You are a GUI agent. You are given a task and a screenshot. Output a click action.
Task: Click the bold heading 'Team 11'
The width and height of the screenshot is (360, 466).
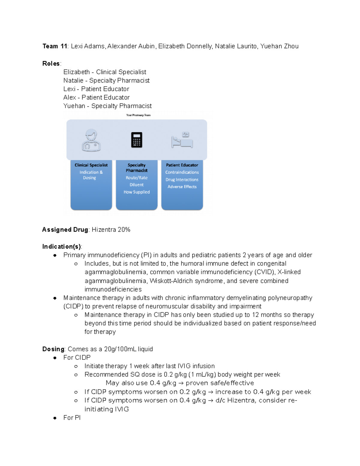point(55,46)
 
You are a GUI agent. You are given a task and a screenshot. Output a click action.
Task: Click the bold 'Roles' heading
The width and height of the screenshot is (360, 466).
point(51,64)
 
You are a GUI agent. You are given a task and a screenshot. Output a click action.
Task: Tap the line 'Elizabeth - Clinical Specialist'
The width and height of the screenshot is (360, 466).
point(105,72)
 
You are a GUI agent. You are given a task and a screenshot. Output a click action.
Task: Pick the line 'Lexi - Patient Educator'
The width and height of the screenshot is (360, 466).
point(96,89)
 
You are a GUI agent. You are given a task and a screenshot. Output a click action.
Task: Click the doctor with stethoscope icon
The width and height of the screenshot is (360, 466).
point(91,140)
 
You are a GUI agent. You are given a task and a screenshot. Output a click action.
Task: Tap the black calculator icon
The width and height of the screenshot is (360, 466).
point(136,140)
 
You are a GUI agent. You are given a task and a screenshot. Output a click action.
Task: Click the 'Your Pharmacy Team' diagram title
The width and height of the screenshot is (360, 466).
point(138,115)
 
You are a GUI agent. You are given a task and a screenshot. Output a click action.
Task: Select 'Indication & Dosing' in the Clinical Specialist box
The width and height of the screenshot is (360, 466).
point(91,175)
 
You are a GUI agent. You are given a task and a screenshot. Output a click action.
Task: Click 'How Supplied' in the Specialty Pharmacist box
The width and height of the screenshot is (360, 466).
point(136,192)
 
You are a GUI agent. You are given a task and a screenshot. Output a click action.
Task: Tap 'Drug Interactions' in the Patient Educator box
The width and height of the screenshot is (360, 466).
point(182,180)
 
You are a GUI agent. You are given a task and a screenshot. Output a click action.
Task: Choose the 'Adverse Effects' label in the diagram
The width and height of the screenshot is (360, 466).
point(182,187)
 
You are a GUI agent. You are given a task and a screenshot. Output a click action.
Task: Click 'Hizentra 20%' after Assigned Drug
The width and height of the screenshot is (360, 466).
point(111,230)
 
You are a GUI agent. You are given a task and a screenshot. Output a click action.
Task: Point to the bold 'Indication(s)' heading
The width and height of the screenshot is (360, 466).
point(61,247)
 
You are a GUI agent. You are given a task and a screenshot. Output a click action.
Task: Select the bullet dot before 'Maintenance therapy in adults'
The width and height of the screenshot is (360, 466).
point(55,298)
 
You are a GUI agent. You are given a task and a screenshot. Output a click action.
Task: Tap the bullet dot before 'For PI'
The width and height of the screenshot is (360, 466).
point(55,418)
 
